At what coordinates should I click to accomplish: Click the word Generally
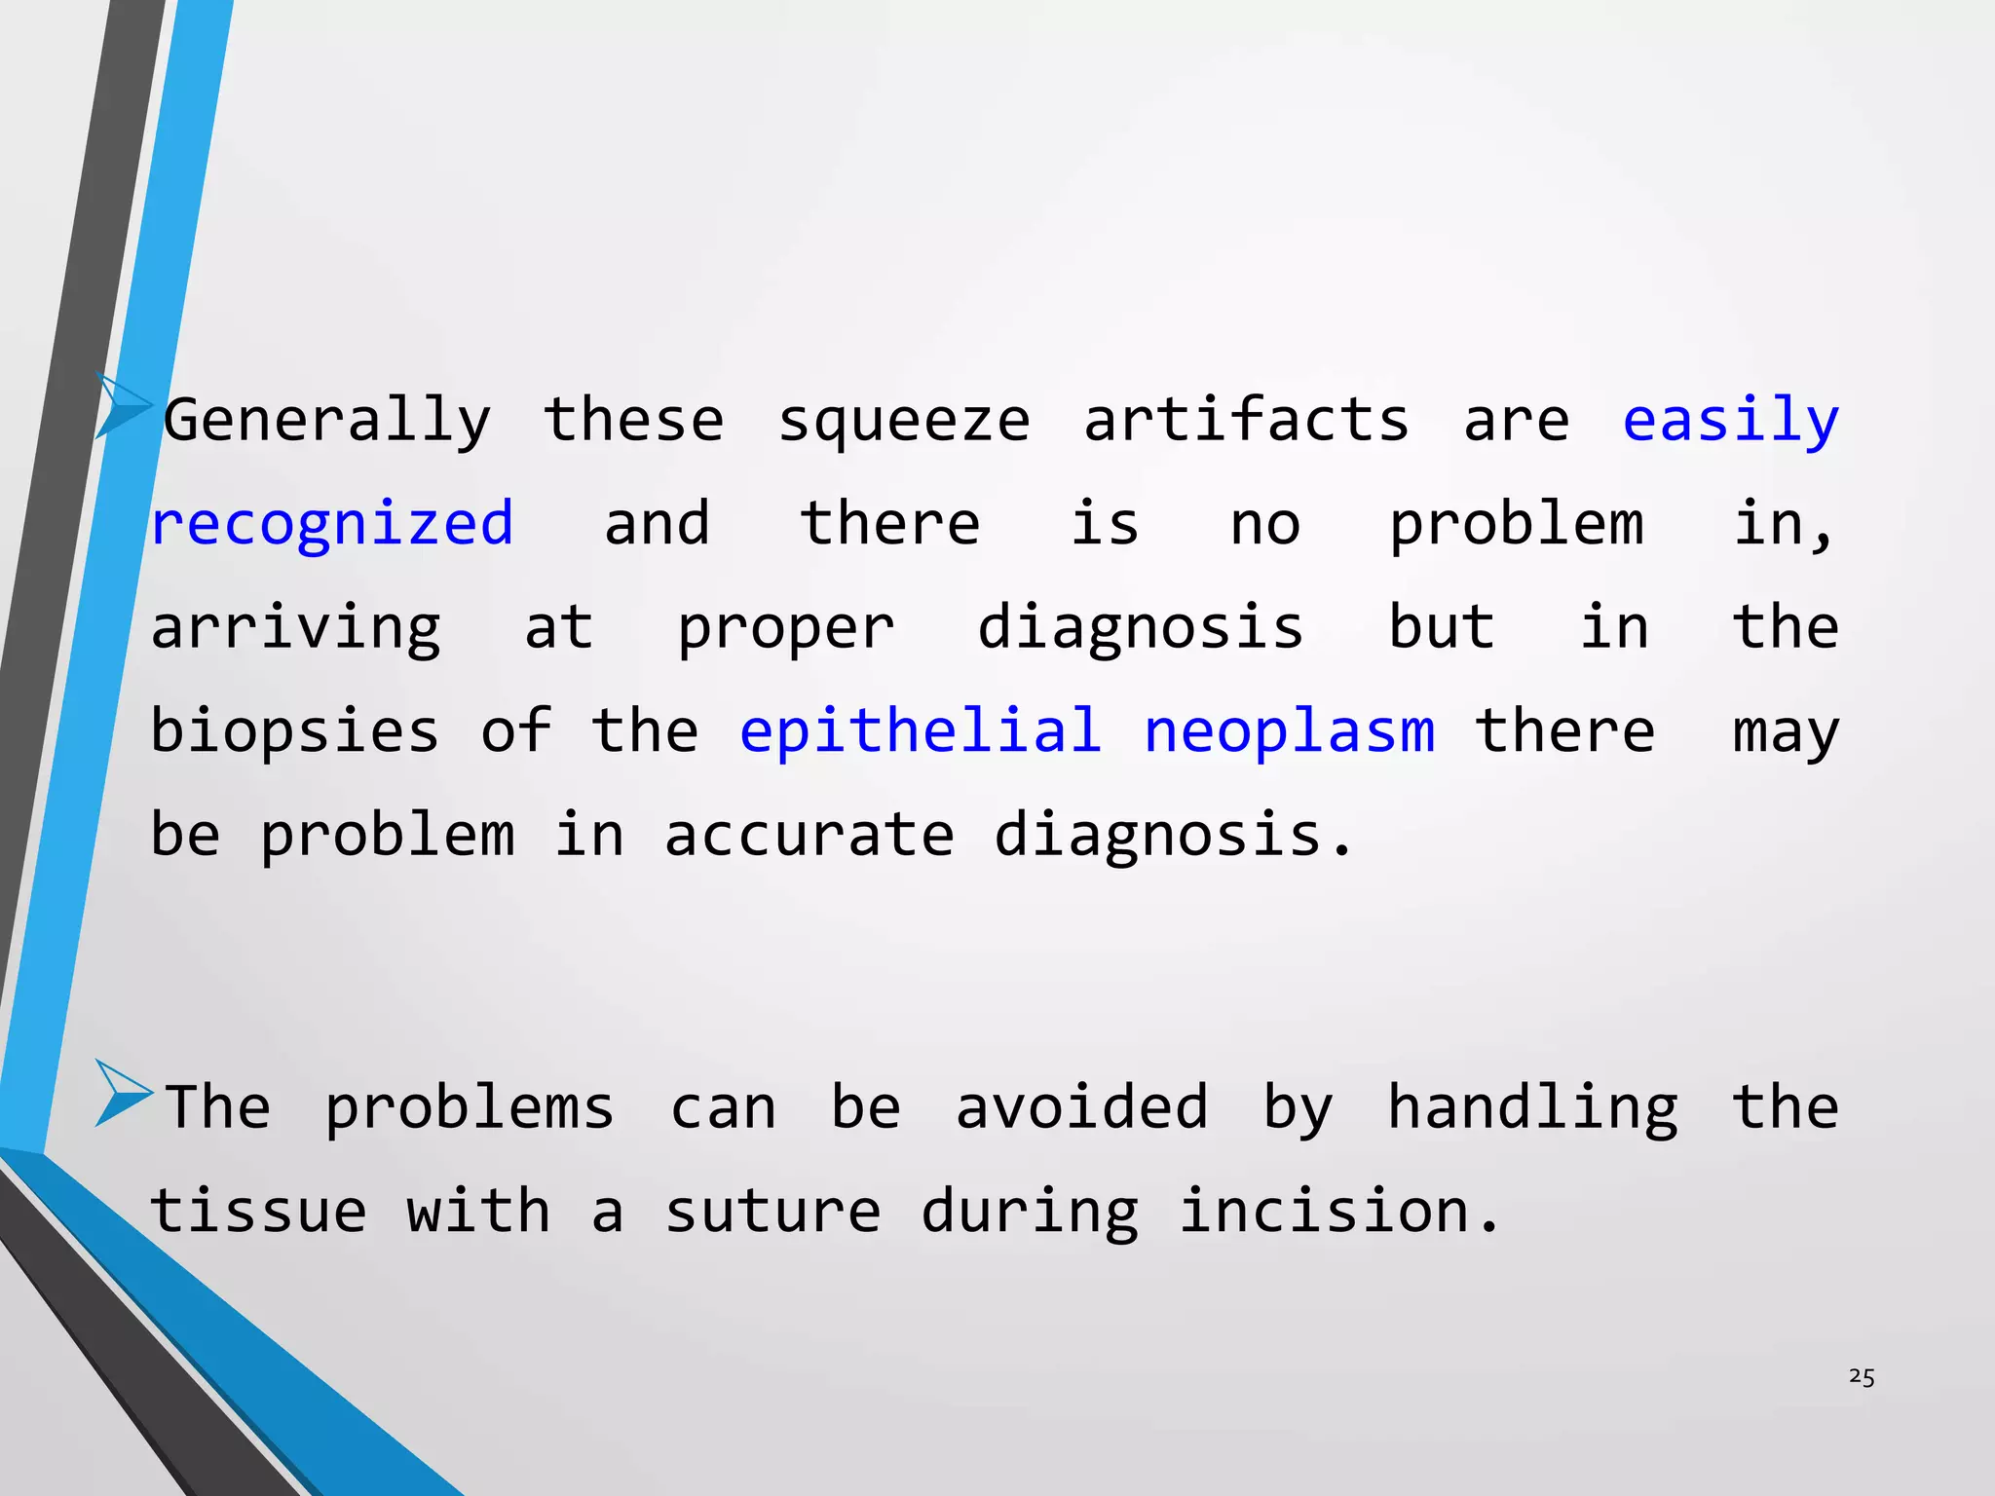click(x=327, y=421)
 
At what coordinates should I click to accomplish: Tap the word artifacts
click(x=1246, y=421)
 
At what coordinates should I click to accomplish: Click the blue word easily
click(x=1730, y=421)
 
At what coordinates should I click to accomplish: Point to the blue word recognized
click(x=332, y=525)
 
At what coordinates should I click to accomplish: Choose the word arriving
click(x=295, y=628)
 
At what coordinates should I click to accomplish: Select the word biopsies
click(x=294, y=732)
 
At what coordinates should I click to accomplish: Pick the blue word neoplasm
click(x=1289, y=732)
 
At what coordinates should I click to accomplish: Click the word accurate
click(x=809, y=836)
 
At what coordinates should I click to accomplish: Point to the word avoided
click(x=1081, y=1107)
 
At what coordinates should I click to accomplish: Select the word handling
click(x=1532, y=1109)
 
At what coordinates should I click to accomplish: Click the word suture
click(x=772, y=1212)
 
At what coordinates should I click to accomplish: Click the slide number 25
click(x=1861, y=1377)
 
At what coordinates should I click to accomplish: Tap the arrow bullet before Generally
click(x=123, y=406)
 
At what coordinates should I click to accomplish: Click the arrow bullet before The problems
click(x=123, y=1094)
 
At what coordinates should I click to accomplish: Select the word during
click(x=1029, y=1213)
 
